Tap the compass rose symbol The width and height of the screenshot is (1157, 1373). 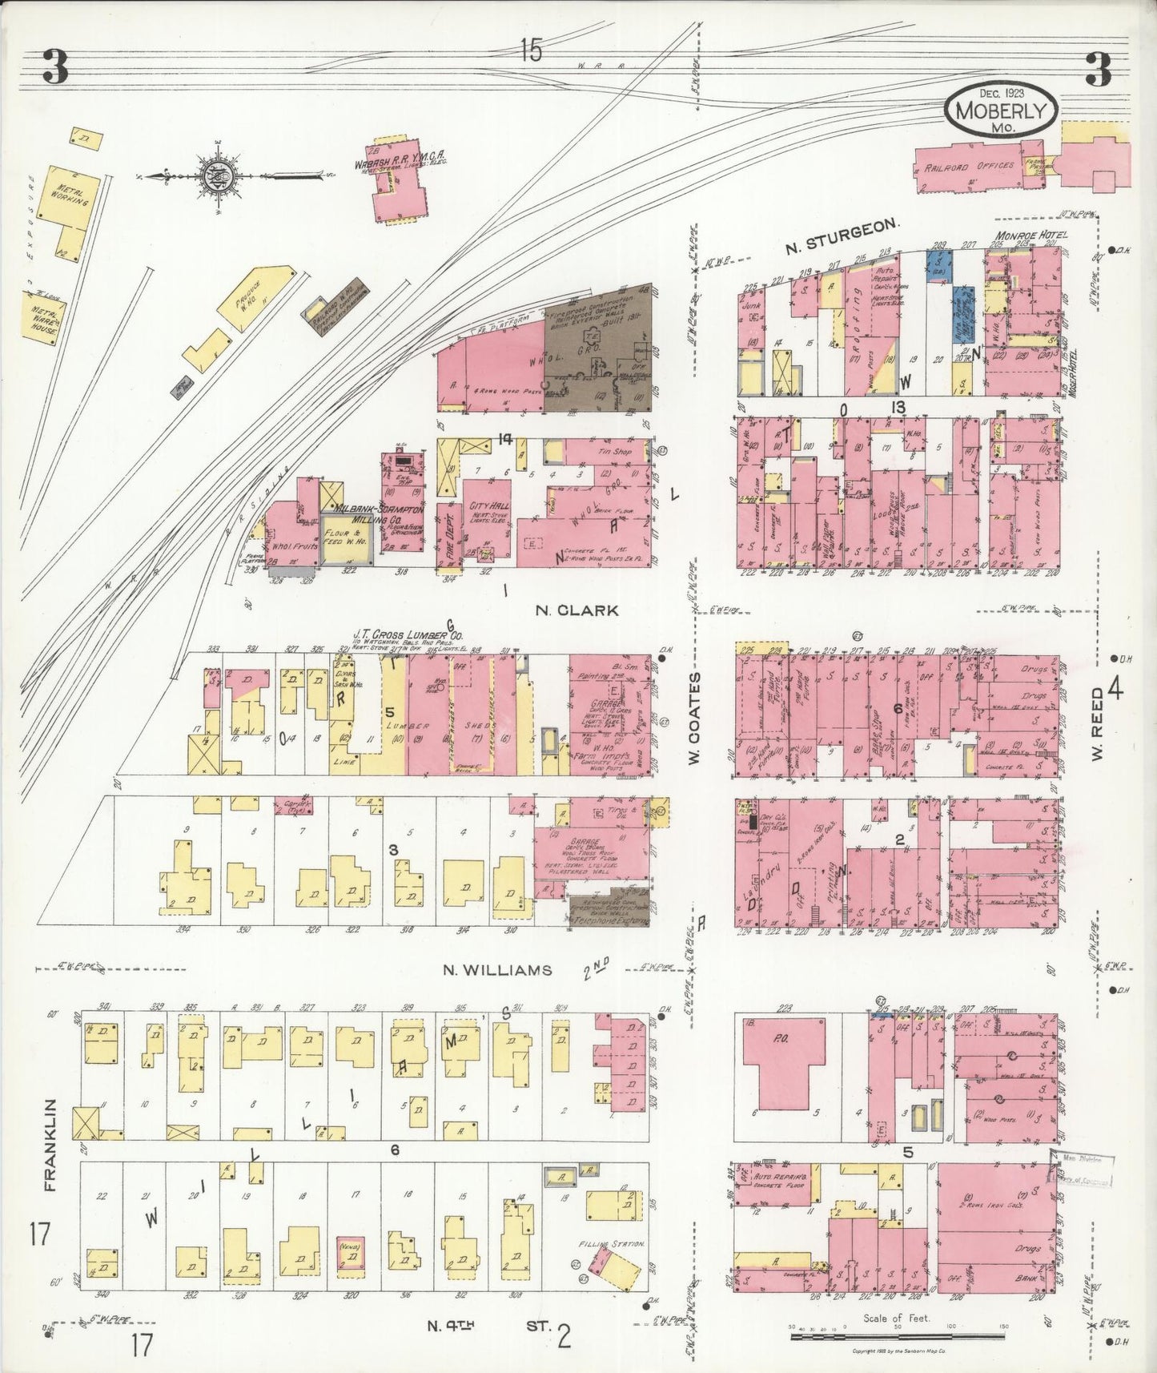click(x=218, y=177)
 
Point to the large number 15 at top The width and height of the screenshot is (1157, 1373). click(x=529, y=51)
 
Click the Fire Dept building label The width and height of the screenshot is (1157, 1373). click(x=446, y=529)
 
